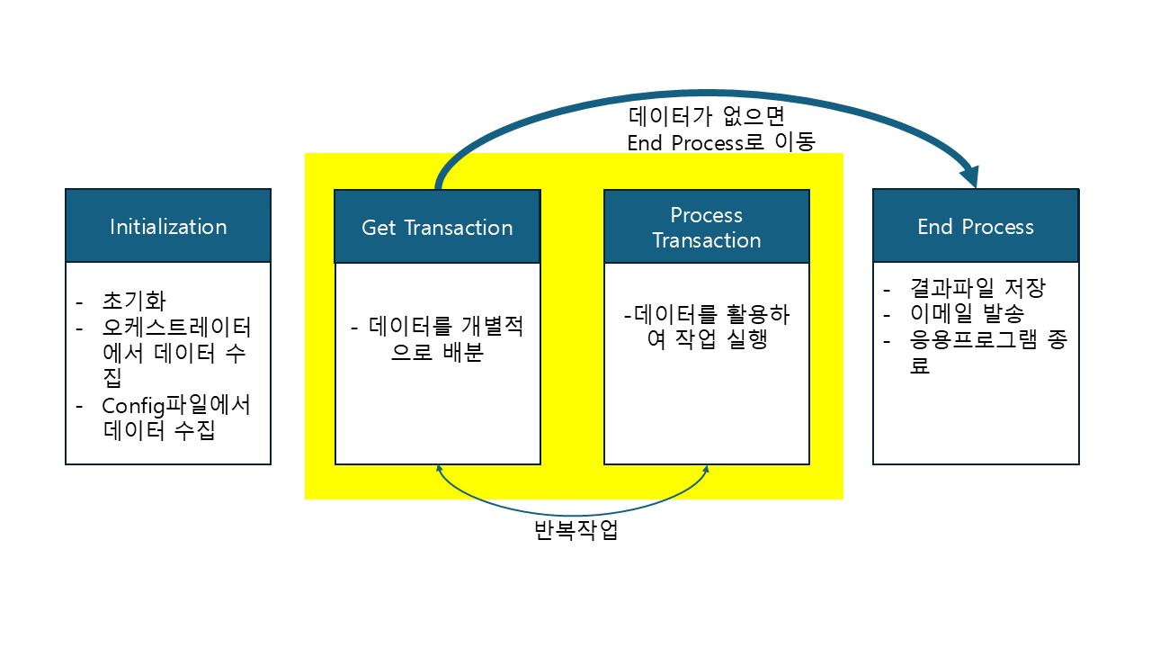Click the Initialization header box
pos(168,226)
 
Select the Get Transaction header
pos(437,227)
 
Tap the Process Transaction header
pos(706,227)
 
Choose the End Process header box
pos(976,226)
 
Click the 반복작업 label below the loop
pos(575,531)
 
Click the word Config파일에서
pos(176,405)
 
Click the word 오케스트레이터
pos(176,326)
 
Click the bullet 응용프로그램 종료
pos(976,342)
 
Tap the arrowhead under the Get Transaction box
pos(439,468)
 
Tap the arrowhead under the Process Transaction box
pos(707,468)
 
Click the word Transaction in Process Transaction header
pos(707,240)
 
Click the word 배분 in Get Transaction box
pos(462,352)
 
